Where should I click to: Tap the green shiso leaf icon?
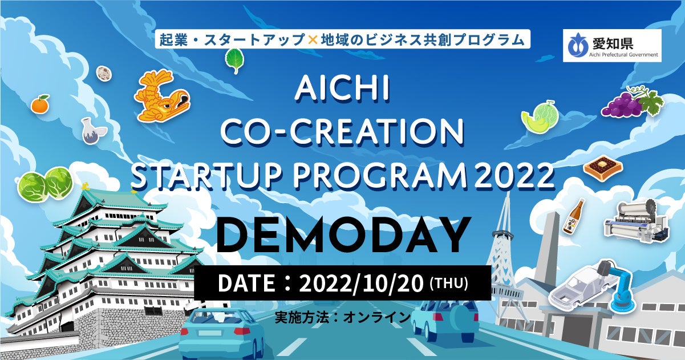coord(234,60)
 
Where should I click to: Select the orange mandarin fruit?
coord(40,104)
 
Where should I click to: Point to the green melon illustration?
coord(539,117)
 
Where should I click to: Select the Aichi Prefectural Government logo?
coord(612,46)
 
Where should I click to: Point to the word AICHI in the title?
coord(342,91)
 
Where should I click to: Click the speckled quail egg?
coord(103,72)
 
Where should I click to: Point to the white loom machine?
coord(636,220)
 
